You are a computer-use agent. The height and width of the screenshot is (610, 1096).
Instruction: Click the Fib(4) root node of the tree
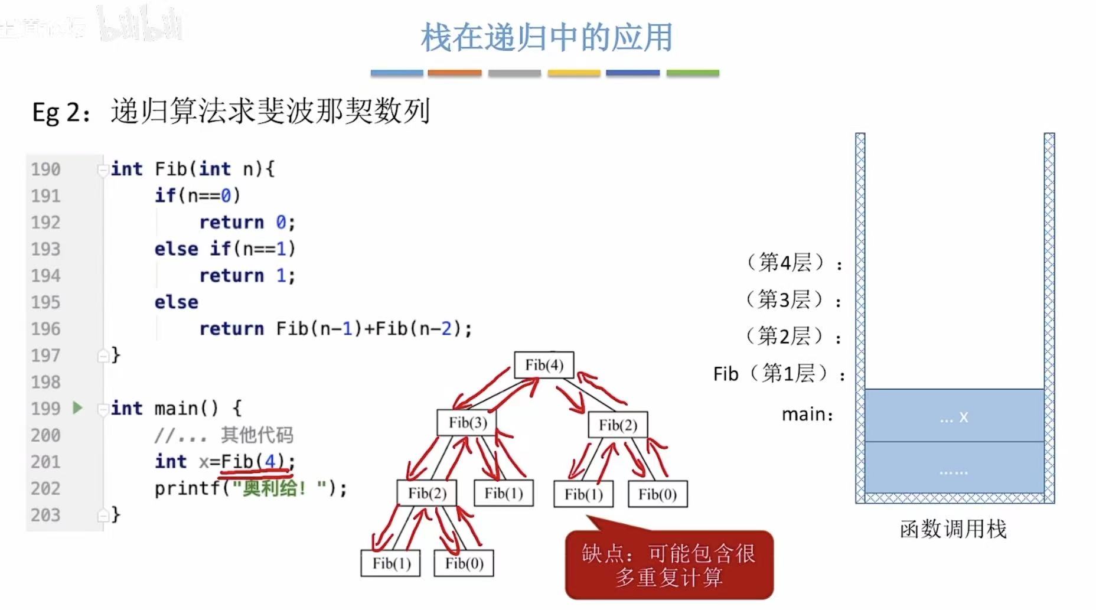pos(544,365)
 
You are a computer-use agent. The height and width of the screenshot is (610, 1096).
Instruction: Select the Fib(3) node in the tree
pos(467,423)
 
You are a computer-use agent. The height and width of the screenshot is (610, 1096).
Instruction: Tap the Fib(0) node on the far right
pos(657,494)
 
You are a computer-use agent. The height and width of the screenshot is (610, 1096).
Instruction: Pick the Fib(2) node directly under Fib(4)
pos(618,425)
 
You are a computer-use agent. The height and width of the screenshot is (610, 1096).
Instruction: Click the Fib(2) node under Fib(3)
pos(427,493)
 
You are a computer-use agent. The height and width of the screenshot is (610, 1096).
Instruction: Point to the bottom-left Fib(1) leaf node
pos(391,563)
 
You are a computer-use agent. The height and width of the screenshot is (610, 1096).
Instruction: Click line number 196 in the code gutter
pos(45,329)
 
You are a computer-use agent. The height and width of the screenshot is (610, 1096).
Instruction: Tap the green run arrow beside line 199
pos(77,407)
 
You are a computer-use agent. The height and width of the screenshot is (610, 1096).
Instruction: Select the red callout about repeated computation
pos(669,565)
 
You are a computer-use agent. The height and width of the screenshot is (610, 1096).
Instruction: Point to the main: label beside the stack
pos(807,415)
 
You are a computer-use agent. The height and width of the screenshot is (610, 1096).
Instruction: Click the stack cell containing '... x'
pos(954,416)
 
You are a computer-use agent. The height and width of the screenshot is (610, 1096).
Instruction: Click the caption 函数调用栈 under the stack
pos(953,529)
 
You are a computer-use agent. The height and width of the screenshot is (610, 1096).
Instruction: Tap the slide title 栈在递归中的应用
pos(546,38)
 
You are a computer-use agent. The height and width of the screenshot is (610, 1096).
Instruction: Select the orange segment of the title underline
pos(454,73)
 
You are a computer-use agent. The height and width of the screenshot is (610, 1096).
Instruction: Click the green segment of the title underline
pos(693,73)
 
